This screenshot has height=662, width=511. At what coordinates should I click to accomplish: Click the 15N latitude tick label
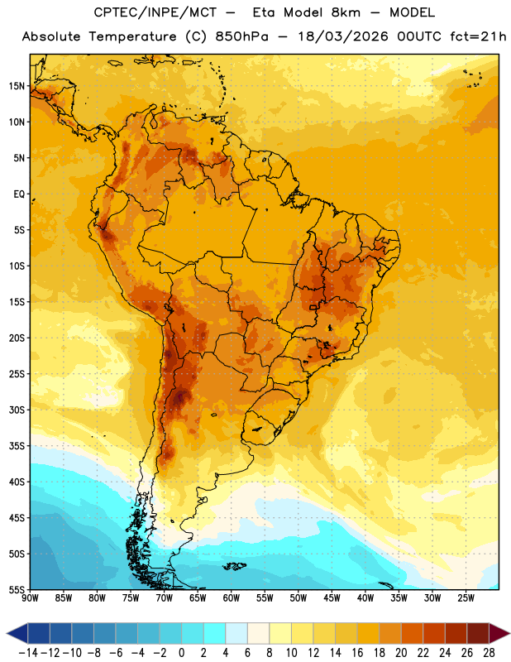pos(17,86)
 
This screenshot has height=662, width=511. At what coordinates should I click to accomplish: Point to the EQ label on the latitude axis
pos(19,194)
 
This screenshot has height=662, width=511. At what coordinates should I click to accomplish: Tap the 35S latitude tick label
pos(17,446)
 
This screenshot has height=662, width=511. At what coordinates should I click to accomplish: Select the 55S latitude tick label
pos(17,590)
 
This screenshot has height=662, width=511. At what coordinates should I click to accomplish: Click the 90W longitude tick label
pos(30,598)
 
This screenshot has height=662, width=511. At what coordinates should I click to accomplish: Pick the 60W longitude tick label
pos(232,598)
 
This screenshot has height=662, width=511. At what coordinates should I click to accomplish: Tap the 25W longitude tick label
pos(466,598)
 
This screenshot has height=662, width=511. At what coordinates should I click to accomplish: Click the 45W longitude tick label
pos(332,598)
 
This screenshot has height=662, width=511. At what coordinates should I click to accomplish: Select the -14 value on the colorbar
pos(28,653)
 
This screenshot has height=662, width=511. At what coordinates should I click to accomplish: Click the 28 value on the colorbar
pos(489,653)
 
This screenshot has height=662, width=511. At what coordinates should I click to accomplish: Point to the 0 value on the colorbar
pos(181,653)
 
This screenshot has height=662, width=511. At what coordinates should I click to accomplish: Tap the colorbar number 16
pos(357,653)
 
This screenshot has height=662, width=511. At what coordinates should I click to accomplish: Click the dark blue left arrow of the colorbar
pos(17,633)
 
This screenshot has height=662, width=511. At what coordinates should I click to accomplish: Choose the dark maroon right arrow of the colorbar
pos(499,633)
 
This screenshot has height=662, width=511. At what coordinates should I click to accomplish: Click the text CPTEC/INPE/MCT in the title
pos(155,12)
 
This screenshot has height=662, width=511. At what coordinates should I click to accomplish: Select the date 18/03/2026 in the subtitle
pos(342,36)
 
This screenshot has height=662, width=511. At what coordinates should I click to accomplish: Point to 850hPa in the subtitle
pos(241,36)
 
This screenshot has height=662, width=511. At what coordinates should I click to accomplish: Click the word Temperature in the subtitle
pos(132,36)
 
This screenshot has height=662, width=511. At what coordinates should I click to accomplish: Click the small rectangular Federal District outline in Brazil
pos(313,307)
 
